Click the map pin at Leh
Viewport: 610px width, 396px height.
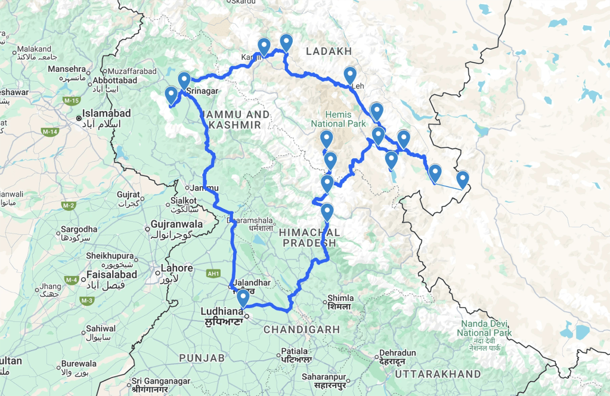pyautogui.click(x=350, y=75)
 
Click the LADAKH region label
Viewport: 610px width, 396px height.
pyautogui.click(x=329, y=51)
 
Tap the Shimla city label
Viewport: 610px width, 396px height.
pyautogui.click(x=340, y=298)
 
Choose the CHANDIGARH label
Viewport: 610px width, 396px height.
pyautogui.click(x=302, y=329)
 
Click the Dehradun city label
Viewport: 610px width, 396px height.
pyautogui.click(x=397, y=353)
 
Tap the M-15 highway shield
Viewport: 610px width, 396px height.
pyautogui.click(x=72, y=101)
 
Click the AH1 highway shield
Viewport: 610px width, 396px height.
pyautogui.click(x=213, y=273)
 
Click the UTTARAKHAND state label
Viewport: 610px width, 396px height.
pyautogui.click(x=437, y=374)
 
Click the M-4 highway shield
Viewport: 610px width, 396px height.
pyautogui.click(x=72, y=280)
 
